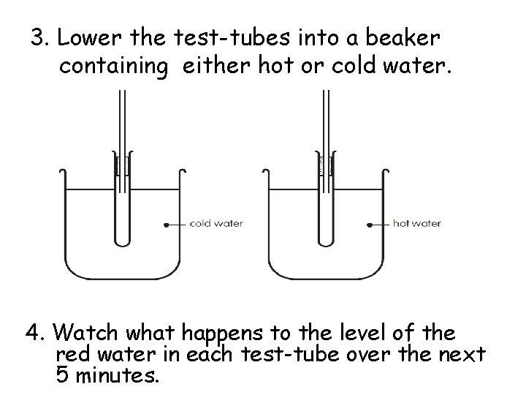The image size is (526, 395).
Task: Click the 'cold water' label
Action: pyautogui.click(x=216, y=223)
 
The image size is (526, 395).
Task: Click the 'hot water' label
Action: pyautogui.click(x=416, y=223)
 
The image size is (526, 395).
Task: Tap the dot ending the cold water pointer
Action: pyautogui.click(x=166, y=224)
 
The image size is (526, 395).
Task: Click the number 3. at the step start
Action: pyautogui.click(x=39, y=37)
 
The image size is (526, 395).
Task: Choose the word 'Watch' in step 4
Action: pyautogui.click(x=82, y=334)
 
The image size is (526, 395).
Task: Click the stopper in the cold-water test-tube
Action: pyautogui.click(x=122, y=165)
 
